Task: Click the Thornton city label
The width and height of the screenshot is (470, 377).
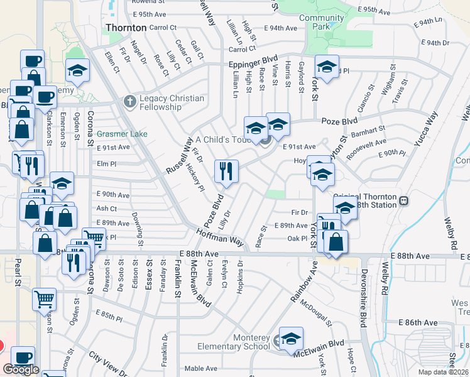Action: pyautogui.click(x=126, y=28)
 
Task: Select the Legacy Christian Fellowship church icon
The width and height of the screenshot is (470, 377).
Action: pyautogui.click(x=129, y=102)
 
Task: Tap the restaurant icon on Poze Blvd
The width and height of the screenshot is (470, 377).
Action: pyautogui.click(x=226, y=171)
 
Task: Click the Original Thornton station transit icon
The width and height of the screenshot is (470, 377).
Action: pyautogui.click(x=404, y=201)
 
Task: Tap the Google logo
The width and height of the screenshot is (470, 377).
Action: pyautogui.click(x=21, y=369)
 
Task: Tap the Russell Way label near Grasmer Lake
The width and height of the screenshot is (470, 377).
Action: pyautogui.click(x=178, y=156)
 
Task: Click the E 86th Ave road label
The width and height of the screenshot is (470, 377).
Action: pyautogui.click(x=418, y=322)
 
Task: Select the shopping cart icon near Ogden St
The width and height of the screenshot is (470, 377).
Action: pyautogui.click(x=45, y=299)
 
